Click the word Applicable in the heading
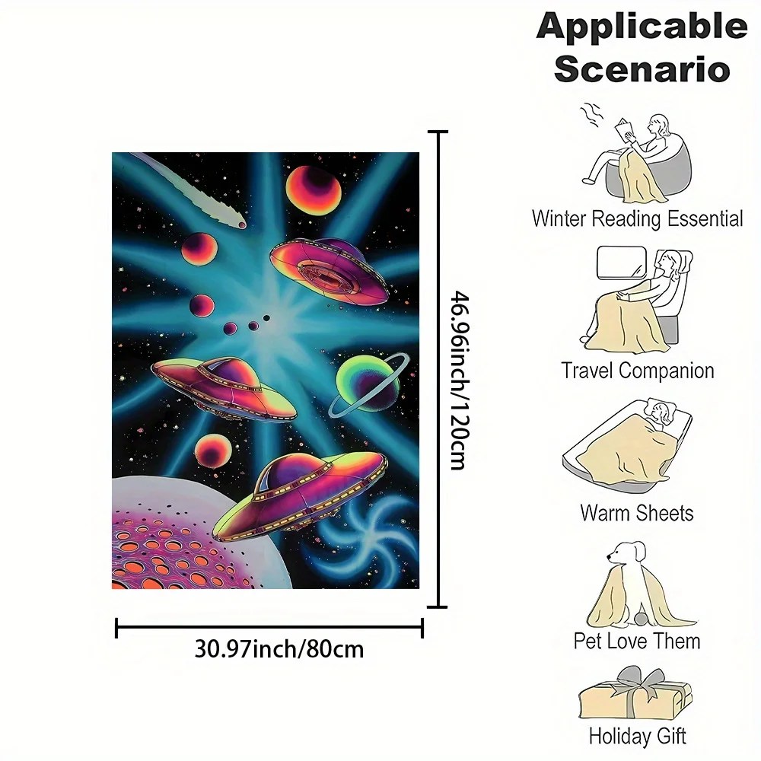point(642,28)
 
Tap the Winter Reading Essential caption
point(637,219)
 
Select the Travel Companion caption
point(638,371)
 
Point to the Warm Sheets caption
point(637,512)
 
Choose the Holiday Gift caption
point(637,736)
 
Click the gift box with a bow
point(635,697)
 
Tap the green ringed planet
point(368,384)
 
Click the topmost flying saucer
point(329,270)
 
